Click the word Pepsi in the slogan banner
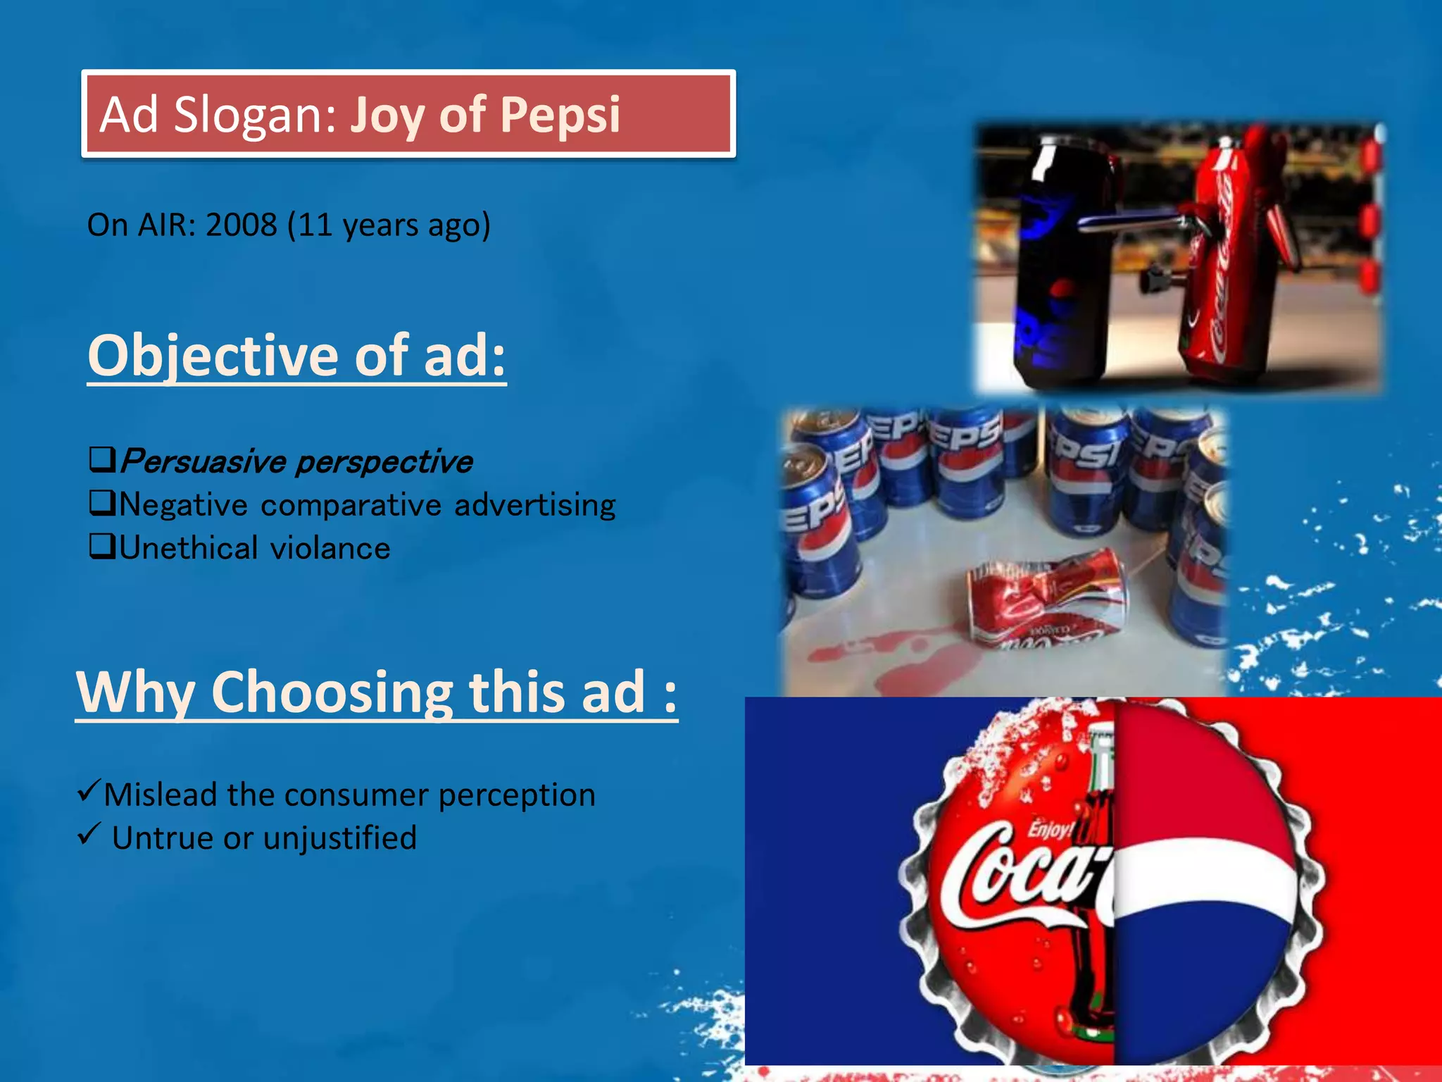(x=560, y=115)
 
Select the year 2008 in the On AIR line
(x=242, y=225)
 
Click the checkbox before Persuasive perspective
(x=103, y=460)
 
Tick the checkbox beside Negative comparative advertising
(x=103, y=503)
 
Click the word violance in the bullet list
(x=330, y=548)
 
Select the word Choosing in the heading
(x=332, y=694)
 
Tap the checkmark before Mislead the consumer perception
(x=89, y=790)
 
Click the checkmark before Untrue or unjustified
(x=89, y=833)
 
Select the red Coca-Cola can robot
(x=1243, y=254)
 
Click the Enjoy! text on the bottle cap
(x=1049, y=829)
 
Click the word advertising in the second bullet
(x=535, y=505)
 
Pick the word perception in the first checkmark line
(x=517, y=796)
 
